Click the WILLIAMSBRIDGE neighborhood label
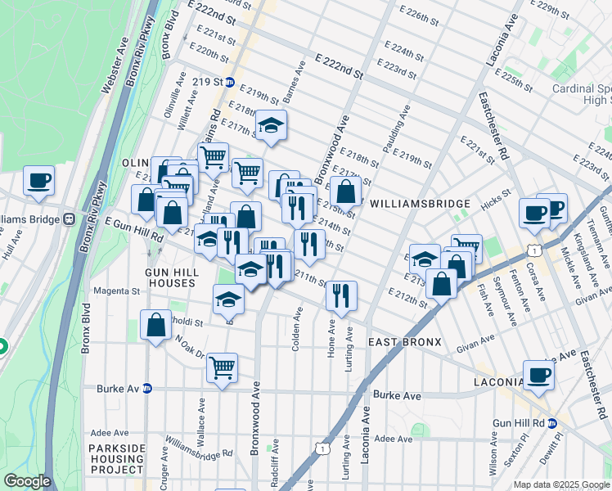[x=420, y=204]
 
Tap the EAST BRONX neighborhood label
[x=404, y=341]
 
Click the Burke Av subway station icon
[x=147, y=388]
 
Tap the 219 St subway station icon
[x=230, y=83]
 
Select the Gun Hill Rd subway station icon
[x=552, y=422]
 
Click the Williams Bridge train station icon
[x=70, y=219]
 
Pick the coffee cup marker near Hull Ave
[x=38, y=180]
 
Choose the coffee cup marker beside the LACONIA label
[x=538, y=375]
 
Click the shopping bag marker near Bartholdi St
[x=155, y=325]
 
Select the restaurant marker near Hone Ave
[x=341, y=295]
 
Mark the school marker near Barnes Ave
[x=271, y=125]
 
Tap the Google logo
[x=27, y=481]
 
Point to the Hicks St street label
[x=497, y=193]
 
